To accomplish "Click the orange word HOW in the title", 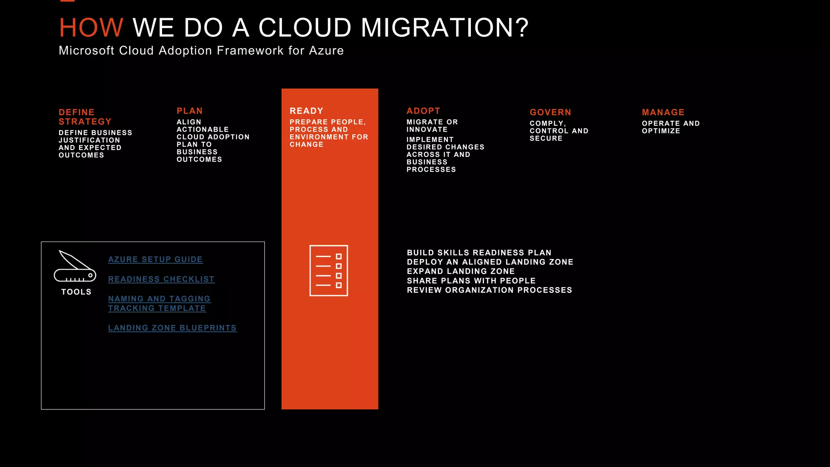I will point(91,28).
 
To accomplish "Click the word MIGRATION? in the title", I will point(445,28).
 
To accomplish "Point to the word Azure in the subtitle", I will point(326,51).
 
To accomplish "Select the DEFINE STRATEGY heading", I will point(85,117).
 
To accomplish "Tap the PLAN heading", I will point(189,111).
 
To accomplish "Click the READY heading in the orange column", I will point(306,111).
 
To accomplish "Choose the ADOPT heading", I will point(423,111).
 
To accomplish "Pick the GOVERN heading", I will point(550,112).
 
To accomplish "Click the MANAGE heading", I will point(663,112).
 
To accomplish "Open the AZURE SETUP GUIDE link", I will point(155,259).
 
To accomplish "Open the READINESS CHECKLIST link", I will point(161,279).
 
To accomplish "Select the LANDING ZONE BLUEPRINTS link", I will point(172,328).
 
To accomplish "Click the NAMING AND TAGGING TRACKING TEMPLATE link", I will point(159,304).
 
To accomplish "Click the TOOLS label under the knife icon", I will point(76,292).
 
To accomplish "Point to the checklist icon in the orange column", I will point(329,270).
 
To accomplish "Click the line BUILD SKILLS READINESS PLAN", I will point(479,253).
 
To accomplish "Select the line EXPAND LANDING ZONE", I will point(461,271).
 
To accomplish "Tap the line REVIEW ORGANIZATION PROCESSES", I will point(489,290).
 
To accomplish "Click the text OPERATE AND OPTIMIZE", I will point(670,127).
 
